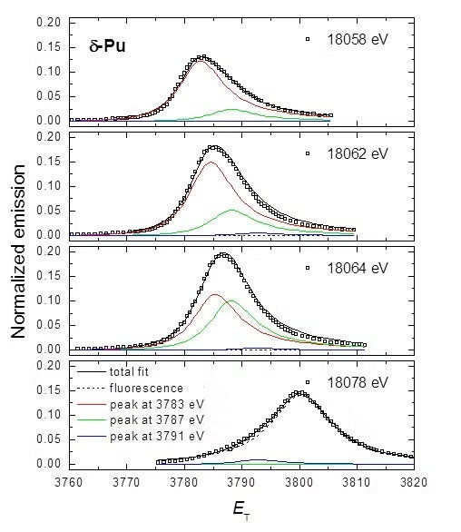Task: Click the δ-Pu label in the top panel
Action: [x=105, y=43]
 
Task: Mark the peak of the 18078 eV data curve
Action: [x=299, y=392]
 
